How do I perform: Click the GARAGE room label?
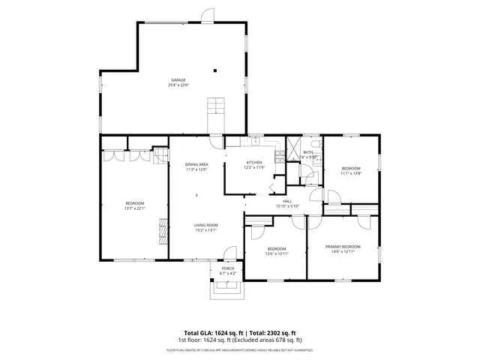pos(178,80)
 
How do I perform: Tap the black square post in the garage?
pos(215,70)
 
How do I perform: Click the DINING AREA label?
pos(196,164)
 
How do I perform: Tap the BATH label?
pos(308,152)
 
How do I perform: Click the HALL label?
pos(287,201)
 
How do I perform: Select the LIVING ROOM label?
pos(205,225)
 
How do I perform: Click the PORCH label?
pos(227,268)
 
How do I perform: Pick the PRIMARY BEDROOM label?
pos(343,247)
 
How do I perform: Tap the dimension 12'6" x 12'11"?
pos(277,253)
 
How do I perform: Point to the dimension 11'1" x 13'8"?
pos(351,173)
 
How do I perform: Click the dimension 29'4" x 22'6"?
pos(178,85)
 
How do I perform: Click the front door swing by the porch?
pos(231,253)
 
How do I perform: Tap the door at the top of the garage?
pos(206,16)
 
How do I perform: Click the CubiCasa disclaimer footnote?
pos(240,349)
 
